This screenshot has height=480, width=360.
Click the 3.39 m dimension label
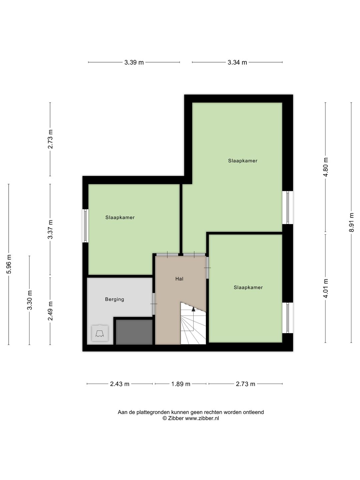(x=134, y=63)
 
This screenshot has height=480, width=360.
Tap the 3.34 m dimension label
(x=237, y=63)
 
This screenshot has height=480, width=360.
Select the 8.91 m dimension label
(x=351, y=222)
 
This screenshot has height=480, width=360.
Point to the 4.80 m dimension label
(x=325, y=167)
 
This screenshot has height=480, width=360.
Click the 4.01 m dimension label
(x=325, y=288)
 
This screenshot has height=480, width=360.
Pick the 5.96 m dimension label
(x=9, y=264)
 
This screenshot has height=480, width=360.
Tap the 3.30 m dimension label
(x=30, y=300)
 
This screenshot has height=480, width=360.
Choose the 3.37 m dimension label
(x=50, y=229)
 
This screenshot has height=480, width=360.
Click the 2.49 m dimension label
(x=50, y=311)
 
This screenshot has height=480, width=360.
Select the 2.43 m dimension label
(x=120, y=384)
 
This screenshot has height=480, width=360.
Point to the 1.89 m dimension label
(x=181, y=384)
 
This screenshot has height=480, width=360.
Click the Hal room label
(x=179, y=279)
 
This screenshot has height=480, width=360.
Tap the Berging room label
(x=115, y=299)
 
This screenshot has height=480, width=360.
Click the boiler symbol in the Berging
(x=100, y=333)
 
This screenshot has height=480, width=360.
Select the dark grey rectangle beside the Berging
(x=134, y=332)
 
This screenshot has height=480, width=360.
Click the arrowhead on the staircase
(x=193, y=309)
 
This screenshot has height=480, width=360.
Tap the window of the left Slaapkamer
(x=85, y=226)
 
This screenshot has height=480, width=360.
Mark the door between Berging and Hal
(x=154, y=304)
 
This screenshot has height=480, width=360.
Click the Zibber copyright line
(x=191, y=418)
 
